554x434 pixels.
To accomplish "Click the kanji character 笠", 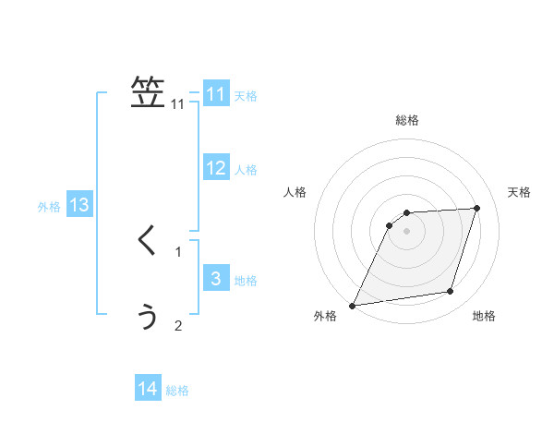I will pos(148,92).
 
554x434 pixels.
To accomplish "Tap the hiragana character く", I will pos(147,241).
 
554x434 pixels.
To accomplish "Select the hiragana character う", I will pos(148,316).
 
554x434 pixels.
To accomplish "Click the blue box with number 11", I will pos(216,94).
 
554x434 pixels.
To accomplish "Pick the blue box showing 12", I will pos(216,168).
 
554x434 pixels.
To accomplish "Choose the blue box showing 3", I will pos(216,279).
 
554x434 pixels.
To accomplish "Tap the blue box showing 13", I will pos(79,205).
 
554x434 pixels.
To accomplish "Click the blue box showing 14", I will pos(148,389).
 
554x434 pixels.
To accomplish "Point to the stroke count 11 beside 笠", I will pos(178,104).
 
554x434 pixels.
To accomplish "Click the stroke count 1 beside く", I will pos(178,251).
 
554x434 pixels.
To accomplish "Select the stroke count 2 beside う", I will pos(178,325).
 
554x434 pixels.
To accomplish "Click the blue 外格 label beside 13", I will pos(49,207).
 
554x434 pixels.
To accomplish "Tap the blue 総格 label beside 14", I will pos(177,391).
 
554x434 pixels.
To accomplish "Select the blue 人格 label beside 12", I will pos(246,170).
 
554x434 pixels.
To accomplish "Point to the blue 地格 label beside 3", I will pos(246,281).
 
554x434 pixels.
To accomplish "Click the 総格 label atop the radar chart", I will pos(407,120).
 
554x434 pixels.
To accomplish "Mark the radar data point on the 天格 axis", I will pos(477,208).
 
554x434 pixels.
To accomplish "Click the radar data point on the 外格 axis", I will pos(352,306).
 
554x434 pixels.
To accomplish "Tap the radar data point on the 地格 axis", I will pos(451,292).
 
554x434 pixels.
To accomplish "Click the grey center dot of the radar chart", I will pos(407,231).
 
